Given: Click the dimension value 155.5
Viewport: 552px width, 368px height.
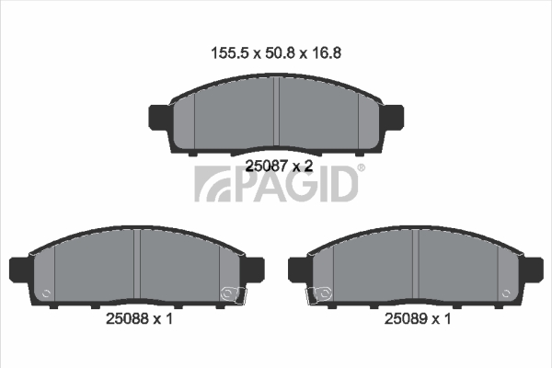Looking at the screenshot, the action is pos(230,53).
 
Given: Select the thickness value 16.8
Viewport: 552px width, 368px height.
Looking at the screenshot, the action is pos(326,53).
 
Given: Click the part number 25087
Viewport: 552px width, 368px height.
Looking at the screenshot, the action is pos(266,166).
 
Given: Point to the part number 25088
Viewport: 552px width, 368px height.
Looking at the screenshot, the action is pos(127,318).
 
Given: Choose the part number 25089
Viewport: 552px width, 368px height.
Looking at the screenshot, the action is pos(405,318).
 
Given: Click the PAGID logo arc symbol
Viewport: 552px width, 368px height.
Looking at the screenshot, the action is pos(213,184).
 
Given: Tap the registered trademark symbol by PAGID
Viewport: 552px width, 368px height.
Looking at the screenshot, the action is pos(362,168).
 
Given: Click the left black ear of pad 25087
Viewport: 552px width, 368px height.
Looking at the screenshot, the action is pos(160,117).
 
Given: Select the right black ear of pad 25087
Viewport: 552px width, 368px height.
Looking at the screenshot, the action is pos(392,117).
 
